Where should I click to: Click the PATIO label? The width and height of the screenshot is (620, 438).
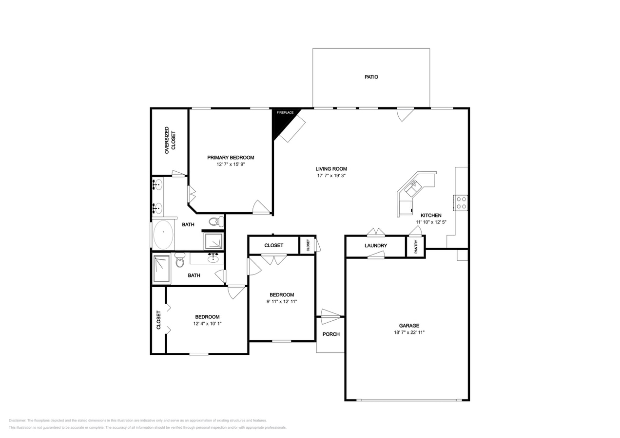tap(371, 77)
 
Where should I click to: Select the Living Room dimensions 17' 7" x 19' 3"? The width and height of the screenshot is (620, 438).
tap(331, 176)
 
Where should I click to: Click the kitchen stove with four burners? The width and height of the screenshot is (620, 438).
tap(461, 203)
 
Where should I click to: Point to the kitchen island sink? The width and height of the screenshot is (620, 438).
tap(412, 187)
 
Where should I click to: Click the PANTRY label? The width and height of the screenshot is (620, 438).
tap(416, 246)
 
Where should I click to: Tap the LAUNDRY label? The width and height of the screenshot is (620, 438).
tap(376, 245)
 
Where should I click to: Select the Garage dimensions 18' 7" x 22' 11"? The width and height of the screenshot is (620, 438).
tap(409, 332)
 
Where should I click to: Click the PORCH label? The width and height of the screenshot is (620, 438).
tap(331, 334)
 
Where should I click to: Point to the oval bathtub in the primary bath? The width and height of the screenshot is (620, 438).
tap(163, 235)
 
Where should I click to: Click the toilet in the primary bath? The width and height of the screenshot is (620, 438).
tap(216, 221)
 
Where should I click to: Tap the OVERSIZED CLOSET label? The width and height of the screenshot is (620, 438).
tap(170, 140)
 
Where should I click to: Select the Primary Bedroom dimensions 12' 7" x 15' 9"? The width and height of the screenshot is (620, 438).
tap(231, 164)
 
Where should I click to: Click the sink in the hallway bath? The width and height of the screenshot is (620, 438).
tap(213, 258)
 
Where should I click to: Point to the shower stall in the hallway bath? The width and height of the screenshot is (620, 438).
tap(161, 269)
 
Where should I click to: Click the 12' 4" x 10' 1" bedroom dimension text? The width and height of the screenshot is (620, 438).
tap(207, 324)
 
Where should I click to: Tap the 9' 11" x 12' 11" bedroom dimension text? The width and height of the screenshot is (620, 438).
tap(282, 301)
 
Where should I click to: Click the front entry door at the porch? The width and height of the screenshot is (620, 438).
tap(330, 317)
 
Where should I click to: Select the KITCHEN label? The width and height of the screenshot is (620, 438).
tap(431, 215)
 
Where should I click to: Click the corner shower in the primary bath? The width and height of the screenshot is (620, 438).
tap(213, 241)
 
